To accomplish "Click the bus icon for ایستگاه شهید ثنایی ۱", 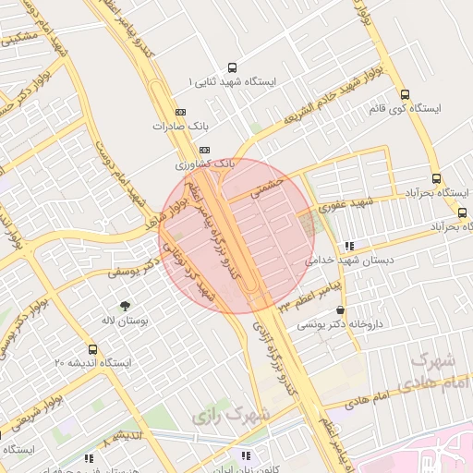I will [231, 67].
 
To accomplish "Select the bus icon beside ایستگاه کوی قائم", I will [405, 93].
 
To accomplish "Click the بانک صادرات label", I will [179, 127].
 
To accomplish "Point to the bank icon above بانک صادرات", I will [179, 112].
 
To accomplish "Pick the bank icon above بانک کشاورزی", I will [204, 150].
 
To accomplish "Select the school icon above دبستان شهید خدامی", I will [348, 246].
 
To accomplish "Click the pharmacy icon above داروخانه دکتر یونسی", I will [341, 310].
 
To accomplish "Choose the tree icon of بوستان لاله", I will [125, 304].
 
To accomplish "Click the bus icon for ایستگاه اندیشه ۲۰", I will [92, 349].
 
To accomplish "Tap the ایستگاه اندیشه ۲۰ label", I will [92, 363].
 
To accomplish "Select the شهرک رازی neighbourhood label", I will [231, 415].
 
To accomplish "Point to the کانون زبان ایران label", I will [246, 469].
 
